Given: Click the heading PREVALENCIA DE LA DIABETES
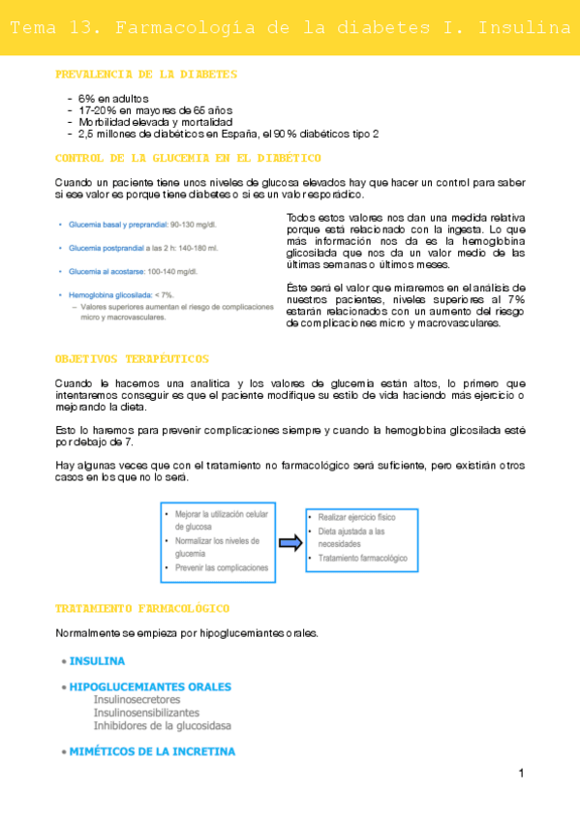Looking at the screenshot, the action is point(146,75).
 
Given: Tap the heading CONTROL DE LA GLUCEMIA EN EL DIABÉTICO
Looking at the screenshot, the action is point(189,158).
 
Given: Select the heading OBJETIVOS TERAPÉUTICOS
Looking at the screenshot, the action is point(132,359).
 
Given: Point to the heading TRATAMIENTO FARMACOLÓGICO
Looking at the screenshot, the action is point(142,609).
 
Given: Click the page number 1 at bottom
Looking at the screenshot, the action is point(521,774).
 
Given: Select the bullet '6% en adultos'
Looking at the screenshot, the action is point(112,98).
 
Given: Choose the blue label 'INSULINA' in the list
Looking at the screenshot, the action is point(96,661).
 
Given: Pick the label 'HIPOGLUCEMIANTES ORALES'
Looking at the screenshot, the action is point(149,686).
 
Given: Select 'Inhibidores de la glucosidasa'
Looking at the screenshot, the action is point(162,725).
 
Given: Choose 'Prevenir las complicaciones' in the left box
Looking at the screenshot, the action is point(221,568).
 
